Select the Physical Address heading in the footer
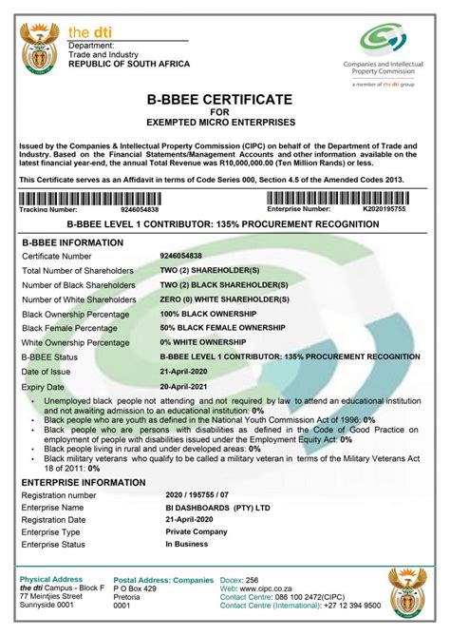pyautogui.click(x=52, y=578)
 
